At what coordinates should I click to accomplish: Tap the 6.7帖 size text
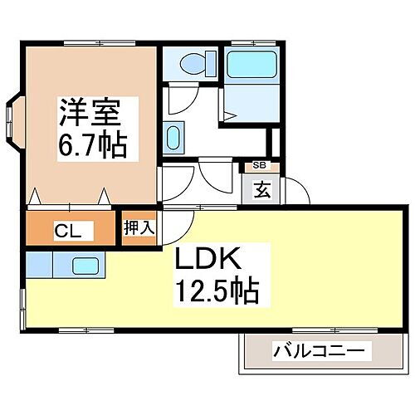91,146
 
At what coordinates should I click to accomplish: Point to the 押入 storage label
139,227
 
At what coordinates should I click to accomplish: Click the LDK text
207,261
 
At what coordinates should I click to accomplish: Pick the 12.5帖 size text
217,291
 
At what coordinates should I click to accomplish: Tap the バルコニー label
319,352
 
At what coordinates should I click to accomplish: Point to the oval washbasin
173,135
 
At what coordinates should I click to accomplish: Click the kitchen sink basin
86,266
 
